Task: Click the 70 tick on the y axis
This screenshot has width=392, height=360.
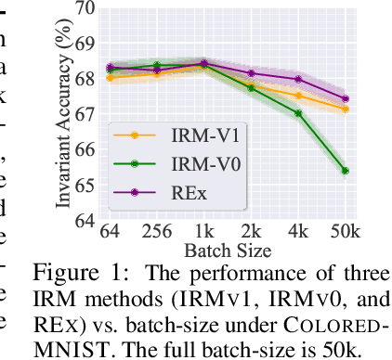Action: click(x=85, y=9)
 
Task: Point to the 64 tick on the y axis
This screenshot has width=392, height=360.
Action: click(x=85, y=221)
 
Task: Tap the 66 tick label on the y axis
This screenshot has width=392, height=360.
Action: click(x=85, y=150)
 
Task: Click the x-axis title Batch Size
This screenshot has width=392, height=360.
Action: click(x=227, y=250)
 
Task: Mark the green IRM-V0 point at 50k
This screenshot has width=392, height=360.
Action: click(x=345, y=171)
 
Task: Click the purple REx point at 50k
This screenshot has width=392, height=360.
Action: click(x=345, y=98)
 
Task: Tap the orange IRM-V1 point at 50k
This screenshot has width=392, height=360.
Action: click(x=345, y=109)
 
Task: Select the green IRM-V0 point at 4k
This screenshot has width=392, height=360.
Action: click(x=298, y=113)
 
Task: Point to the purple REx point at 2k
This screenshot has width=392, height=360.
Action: click(x=251, y=72)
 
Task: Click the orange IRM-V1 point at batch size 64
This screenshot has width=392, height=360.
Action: click(x=110, y=78)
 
